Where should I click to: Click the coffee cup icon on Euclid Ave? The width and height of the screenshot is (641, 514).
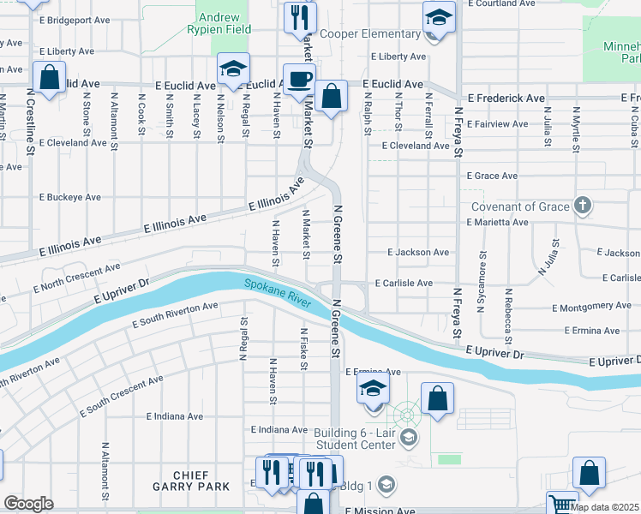[x=299, y=80]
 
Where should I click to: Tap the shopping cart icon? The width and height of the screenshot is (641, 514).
[x=562, y=504]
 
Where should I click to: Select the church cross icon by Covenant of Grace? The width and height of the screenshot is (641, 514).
[x=583, y=206]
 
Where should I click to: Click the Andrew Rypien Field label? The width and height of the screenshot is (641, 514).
[x=224, y=23]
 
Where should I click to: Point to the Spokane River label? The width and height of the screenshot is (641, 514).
[x=277, y=293]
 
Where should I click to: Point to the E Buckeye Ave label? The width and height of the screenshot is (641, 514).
[x=70, y=197]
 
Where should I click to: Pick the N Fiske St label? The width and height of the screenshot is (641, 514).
[x=303, y=350]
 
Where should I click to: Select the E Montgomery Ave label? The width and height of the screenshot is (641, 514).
[x=592, y=307]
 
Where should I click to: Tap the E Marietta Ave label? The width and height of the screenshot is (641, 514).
[x=497, y=222]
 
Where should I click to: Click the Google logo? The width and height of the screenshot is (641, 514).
[x=28, y=504]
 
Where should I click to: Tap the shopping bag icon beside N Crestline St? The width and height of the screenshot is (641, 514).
[x=50, y=77]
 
